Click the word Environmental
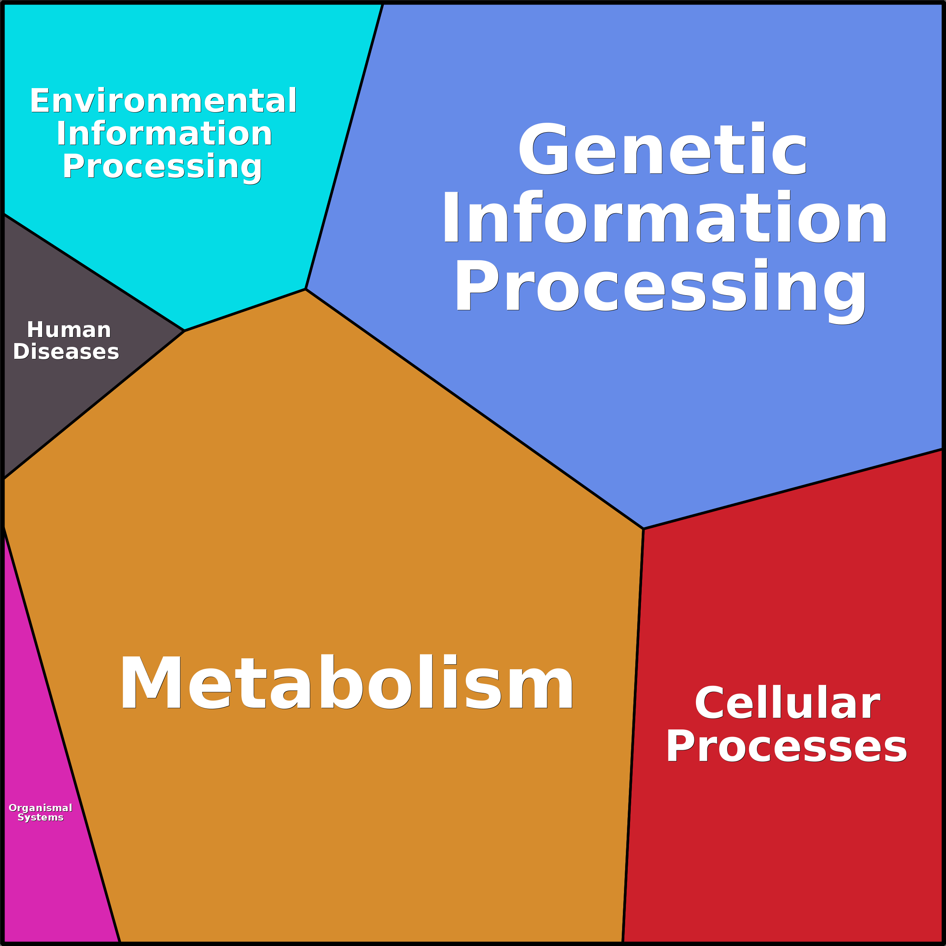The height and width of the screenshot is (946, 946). click(163, 101)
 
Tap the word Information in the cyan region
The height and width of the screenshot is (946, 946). click(164, 134)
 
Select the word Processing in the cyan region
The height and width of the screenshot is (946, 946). click(162, 167)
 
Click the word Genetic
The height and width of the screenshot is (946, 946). click(662, 150)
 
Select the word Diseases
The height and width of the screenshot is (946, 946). click(66, 352)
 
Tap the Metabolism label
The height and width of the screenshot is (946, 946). click(346, 683)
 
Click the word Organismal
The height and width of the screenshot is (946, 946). click(41, 808)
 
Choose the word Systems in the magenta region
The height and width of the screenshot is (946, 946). click(41, 818)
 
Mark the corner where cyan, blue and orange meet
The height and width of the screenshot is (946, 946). click(305, 289)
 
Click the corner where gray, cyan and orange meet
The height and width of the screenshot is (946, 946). click(184, 331)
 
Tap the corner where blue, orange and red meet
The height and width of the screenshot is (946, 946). click(643, 529)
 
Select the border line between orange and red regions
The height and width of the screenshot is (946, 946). click(633, 734)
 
